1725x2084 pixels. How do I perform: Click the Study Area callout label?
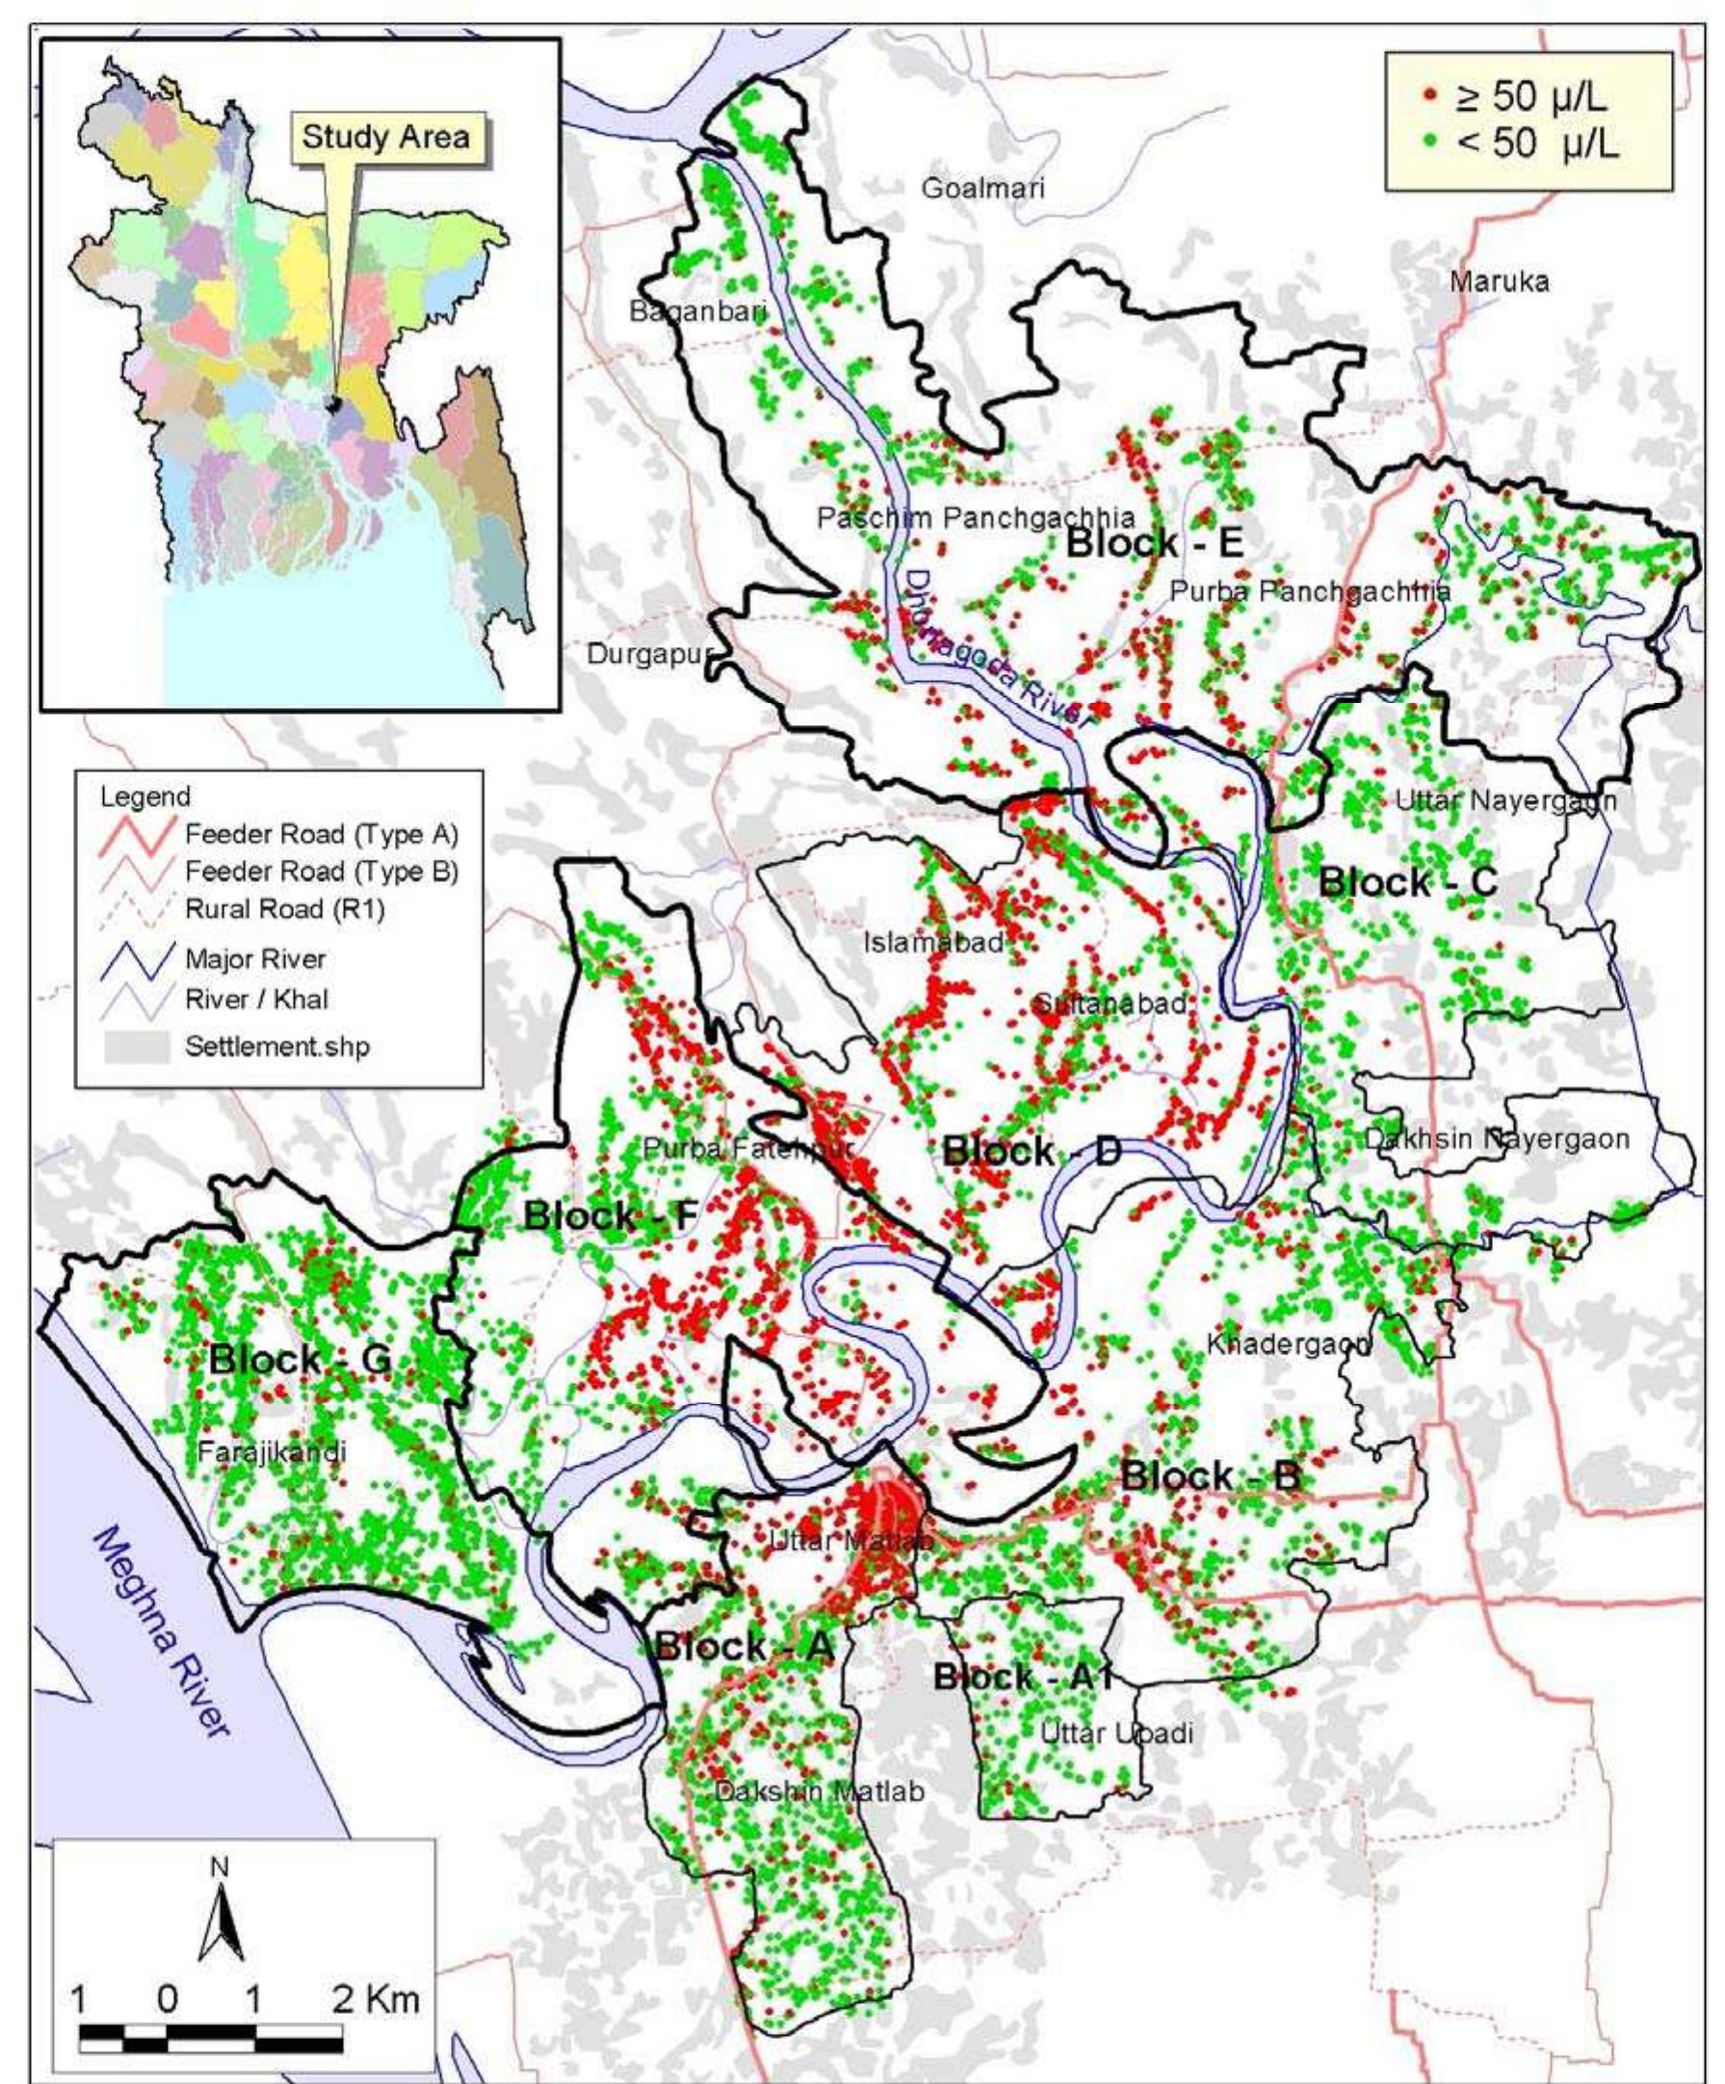tap(385, 136)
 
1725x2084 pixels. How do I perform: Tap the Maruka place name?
tap(1499, 282)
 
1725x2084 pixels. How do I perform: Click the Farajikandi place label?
tap(271, 1453)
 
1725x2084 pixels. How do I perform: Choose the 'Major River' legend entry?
tap(254, 958)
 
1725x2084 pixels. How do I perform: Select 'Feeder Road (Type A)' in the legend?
tap(320, 834)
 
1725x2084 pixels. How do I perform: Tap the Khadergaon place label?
tap(1289, 1344)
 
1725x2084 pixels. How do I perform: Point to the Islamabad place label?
tap(933, 943)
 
